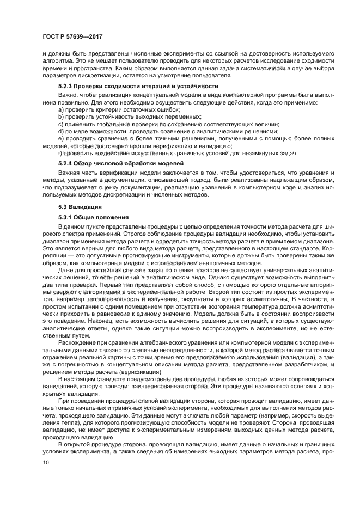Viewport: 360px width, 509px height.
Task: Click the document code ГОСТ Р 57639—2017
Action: coord(72,36)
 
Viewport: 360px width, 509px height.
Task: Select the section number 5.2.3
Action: coord(65,87)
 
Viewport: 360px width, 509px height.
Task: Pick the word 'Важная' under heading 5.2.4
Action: coord(70,173)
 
